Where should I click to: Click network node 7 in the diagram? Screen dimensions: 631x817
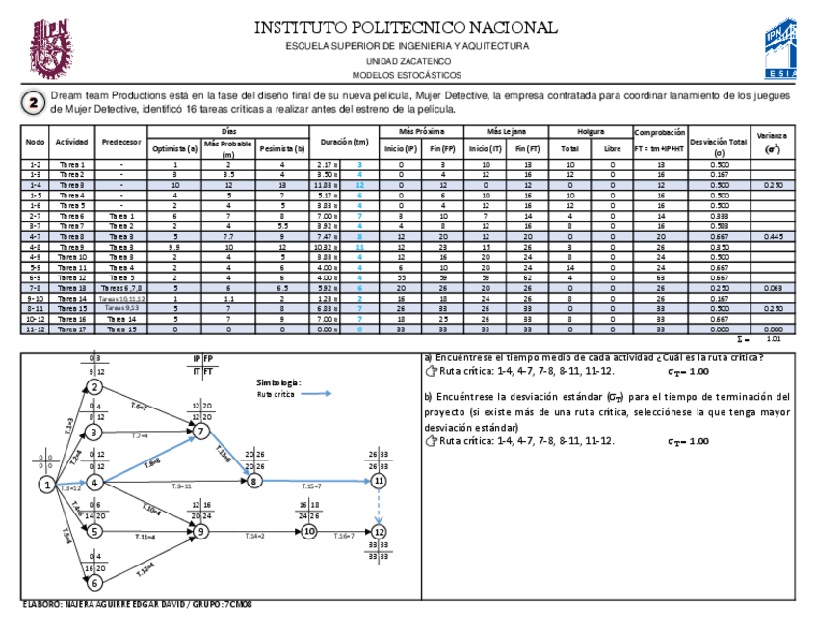coord(201,432)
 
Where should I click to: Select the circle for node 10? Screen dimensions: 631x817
coord(308,530)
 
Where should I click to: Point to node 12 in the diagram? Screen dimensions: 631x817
coord(380,531)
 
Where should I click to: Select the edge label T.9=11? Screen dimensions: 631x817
coord(180,487)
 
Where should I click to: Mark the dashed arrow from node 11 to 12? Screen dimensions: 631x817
coord(380,505)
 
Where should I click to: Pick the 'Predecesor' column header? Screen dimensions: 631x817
coord(121,142)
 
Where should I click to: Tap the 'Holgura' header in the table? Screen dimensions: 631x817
coord(592,130)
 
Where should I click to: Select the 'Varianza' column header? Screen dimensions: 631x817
coord(772,142)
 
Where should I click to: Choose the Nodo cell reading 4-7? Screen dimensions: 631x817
coord(35,235)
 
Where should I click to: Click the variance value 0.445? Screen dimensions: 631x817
coord(772,235)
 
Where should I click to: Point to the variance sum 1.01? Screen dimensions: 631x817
coord(772,339)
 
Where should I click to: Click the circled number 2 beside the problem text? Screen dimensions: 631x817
coord(34,103)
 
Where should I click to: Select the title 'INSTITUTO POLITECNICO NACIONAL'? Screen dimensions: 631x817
coord(405,27)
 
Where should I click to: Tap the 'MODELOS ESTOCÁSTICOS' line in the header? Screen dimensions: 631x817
coord(407,75)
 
